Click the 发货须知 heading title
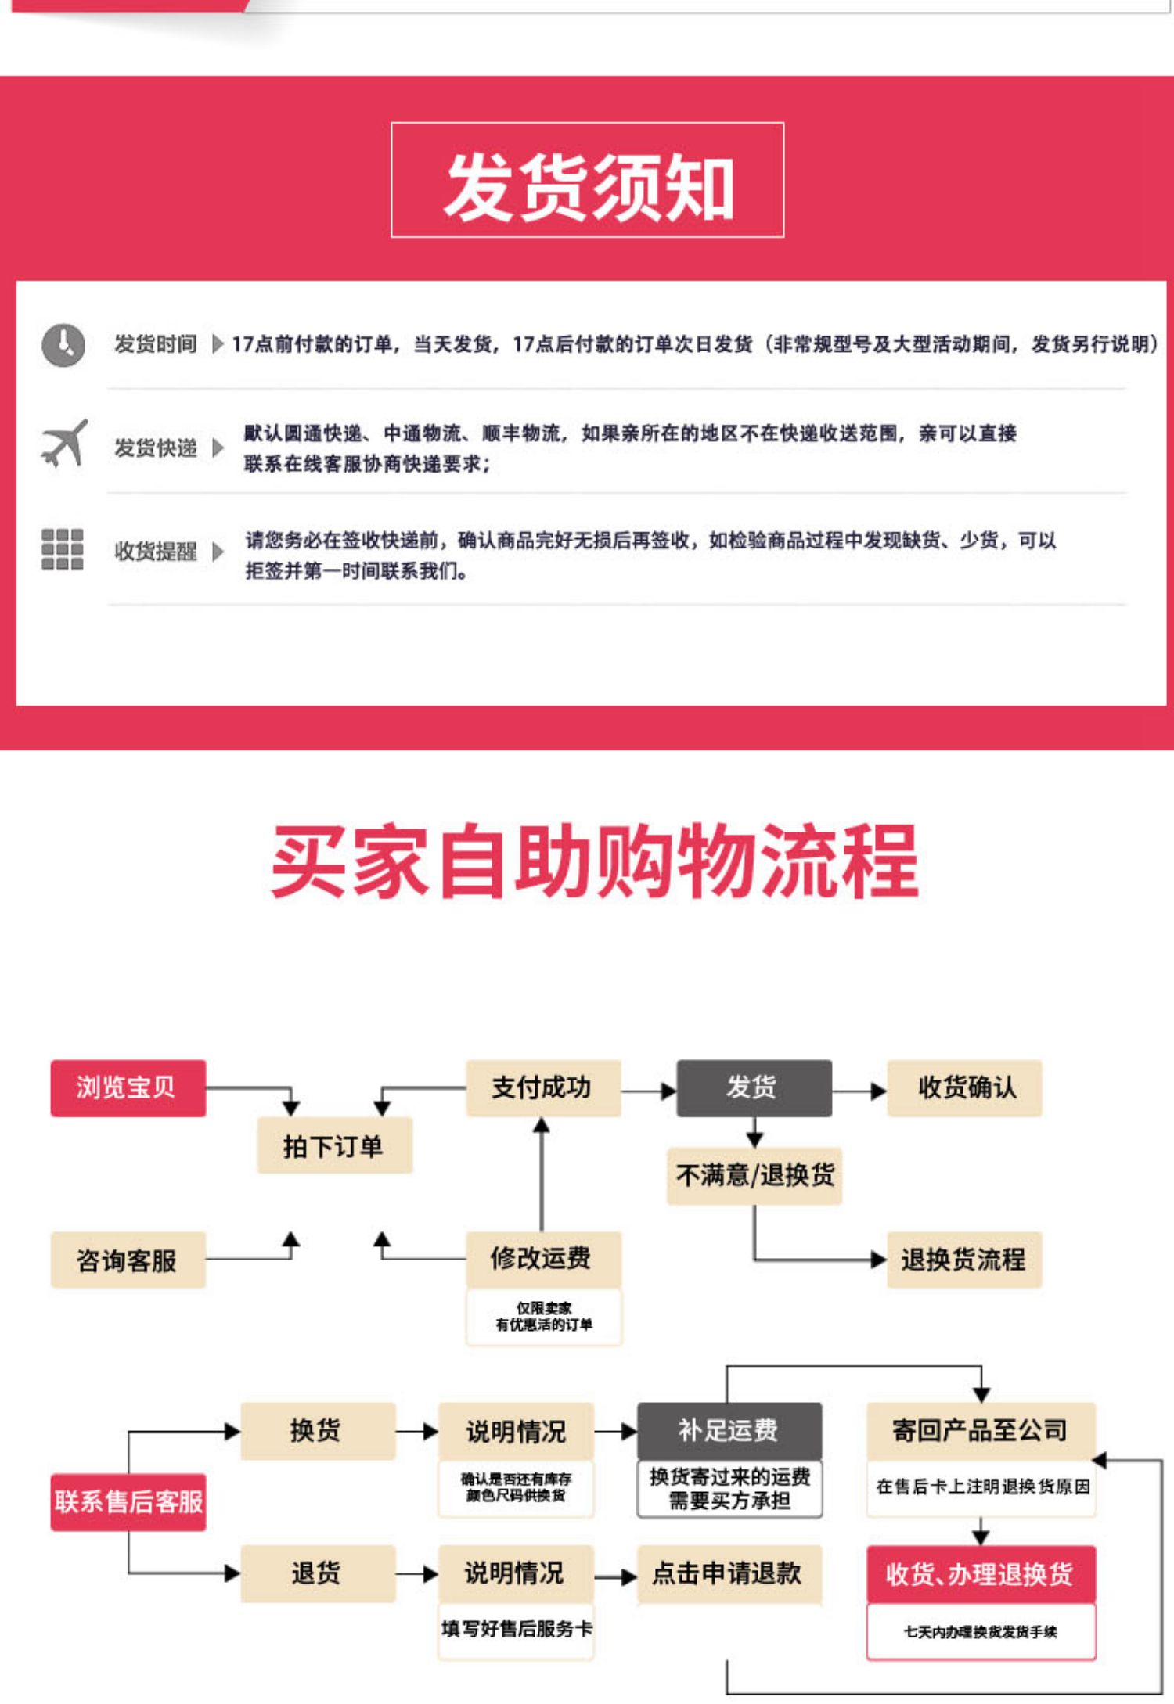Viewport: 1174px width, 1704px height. coord(588,185)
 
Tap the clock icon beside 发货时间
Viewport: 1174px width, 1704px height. coord(63,344)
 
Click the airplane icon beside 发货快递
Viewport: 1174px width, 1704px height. coord(63,444)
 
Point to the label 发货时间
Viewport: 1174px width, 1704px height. coord(156,344)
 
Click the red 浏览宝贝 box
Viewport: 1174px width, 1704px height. coord(128,1087)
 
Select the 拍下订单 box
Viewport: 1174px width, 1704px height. coord(334,1146)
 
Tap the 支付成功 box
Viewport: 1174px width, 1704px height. coord(542,1087)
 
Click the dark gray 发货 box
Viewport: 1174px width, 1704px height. coord(753,1087)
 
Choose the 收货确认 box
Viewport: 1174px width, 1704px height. coord(964,1087)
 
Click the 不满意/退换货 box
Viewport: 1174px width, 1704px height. coord(754,1175)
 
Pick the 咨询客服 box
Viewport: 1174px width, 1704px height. coord(128,1260)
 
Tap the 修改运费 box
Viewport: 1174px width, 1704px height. coord(542,1258)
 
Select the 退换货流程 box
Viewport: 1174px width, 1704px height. coord(964,1260)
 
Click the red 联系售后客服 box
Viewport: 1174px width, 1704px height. coord(128,1501)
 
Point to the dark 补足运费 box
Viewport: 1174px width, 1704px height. coord(729,1430)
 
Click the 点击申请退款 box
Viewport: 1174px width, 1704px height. coord(729,1573)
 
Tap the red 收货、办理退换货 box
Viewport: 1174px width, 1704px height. coord(980,1573)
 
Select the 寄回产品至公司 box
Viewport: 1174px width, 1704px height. coord(980,1430)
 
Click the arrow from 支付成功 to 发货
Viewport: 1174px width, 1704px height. coord(649,1090)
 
